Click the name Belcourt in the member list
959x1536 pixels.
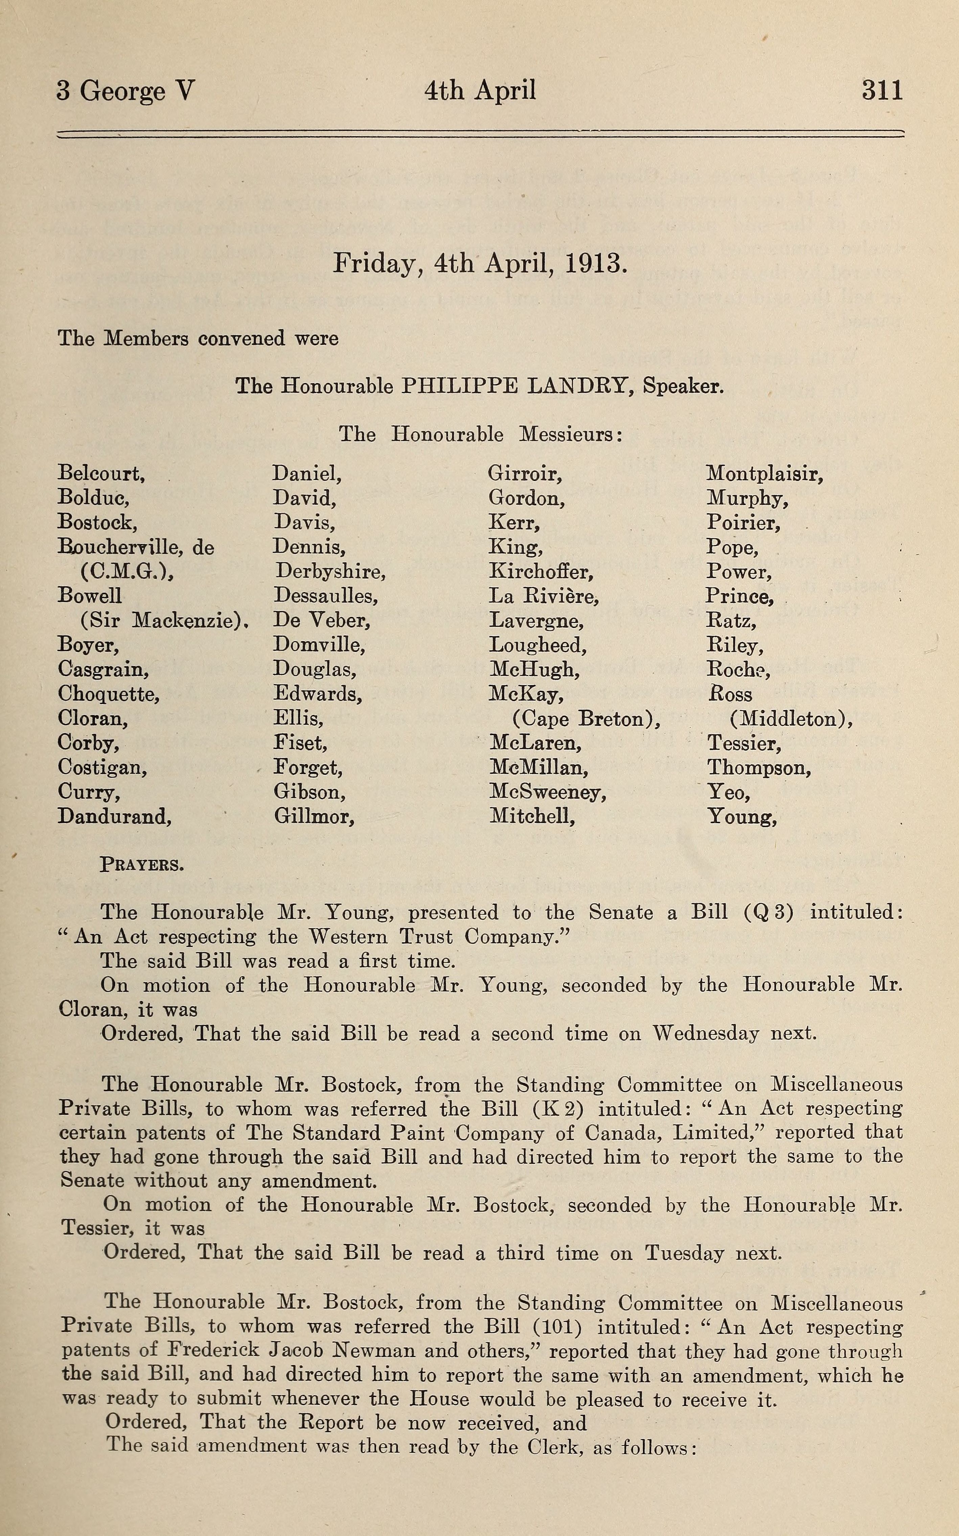pyautogui.click(x=101, y=473)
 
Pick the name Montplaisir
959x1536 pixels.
pyautogui.click(x=764, y=473)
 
